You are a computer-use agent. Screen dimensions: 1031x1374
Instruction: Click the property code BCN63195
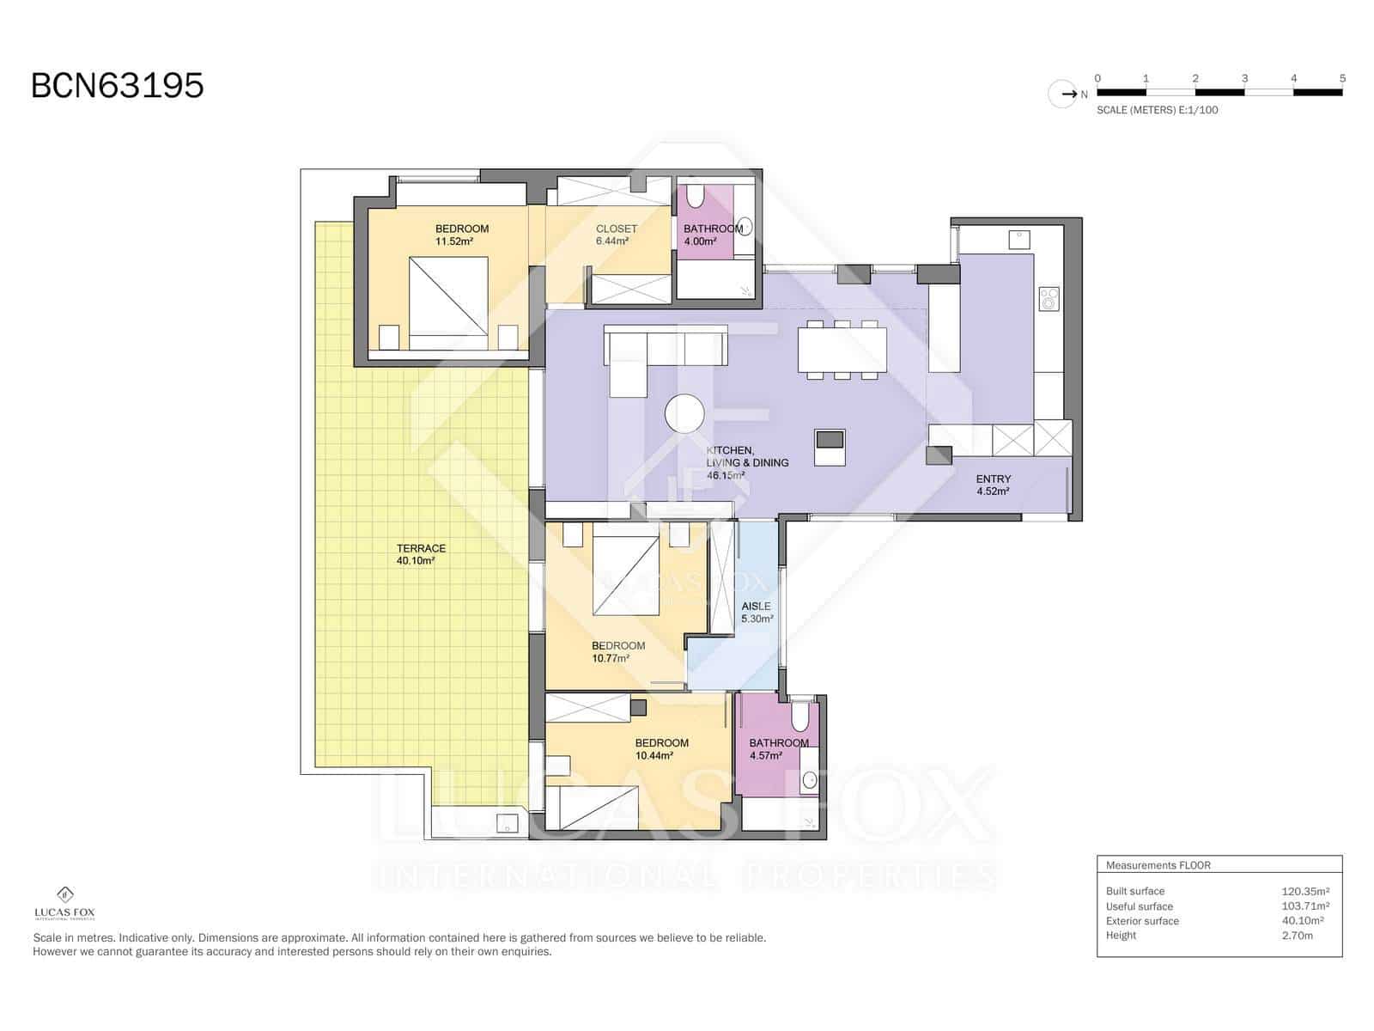[118, 86]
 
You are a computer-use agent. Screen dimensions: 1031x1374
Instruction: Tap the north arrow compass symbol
[1063, 94]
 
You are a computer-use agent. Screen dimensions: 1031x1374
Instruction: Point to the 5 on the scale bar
[1342, 78]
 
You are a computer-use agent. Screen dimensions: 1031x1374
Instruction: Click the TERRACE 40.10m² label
[421, 554]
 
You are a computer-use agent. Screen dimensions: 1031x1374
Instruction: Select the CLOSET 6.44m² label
[616, 235]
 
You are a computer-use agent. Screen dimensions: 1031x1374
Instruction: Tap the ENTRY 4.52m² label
[993, 485]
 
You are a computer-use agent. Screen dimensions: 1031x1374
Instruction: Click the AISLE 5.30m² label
[757, 612]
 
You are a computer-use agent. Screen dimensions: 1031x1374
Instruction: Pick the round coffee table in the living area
[684, 414]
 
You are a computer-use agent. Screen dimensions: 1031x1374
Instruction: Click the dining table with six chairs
[842, 350]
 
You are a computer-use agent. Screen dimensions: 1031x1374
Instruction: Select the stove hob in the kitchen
[1049, 298]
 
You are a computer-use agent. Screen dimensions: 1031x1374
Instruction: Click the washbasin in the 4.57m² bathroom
[809, 780]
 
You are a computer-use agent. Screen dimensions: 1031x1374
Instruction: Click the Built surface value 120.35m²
[1304, 891]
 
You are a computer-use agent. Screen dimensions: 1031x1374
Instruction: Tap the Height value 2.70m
[1297, 935]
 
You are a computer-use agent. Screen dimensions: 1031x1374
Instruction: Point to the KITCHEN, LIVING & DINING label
[746, 462]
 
